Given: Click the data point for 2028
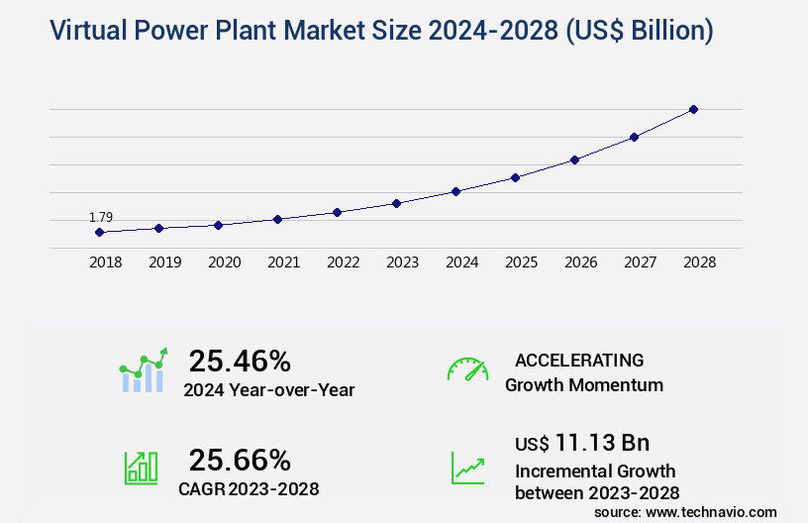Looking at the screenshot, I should (693, 109).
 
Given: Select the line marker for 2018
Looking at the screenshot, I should (99, 232).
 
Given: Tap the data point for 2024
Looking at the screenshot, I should (455, 191).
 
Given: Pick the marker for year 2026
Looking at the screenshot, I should (574, 159).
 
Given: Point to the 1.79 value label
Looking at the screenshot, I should (100, 217).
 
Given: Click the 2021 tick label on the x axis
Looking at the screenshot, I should (283, 263).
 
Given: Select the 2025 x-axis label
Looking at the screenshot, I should (521, 263).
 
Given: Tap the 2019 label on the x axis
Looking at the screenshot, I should (164, 263).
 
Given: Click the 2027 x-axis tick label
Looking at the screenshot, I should (640, 263).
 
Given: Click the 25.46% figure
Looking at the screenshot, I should (240, 360).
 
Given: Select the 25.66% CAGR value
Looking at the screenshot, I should (240, 460).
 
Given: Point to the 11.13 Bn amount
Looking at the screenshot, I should (602, 443).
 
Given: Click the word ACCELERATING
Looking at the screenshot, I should (579, 361).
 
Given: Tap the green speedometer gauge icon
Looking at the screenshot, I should (467, 369).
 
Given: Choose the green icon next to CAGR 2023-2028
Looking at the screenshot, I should (141, 468).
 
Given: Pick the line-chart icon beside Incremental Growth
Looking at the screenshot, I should (467, 468).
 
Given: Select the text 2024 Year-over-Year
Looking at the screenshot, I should (268, 390).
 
